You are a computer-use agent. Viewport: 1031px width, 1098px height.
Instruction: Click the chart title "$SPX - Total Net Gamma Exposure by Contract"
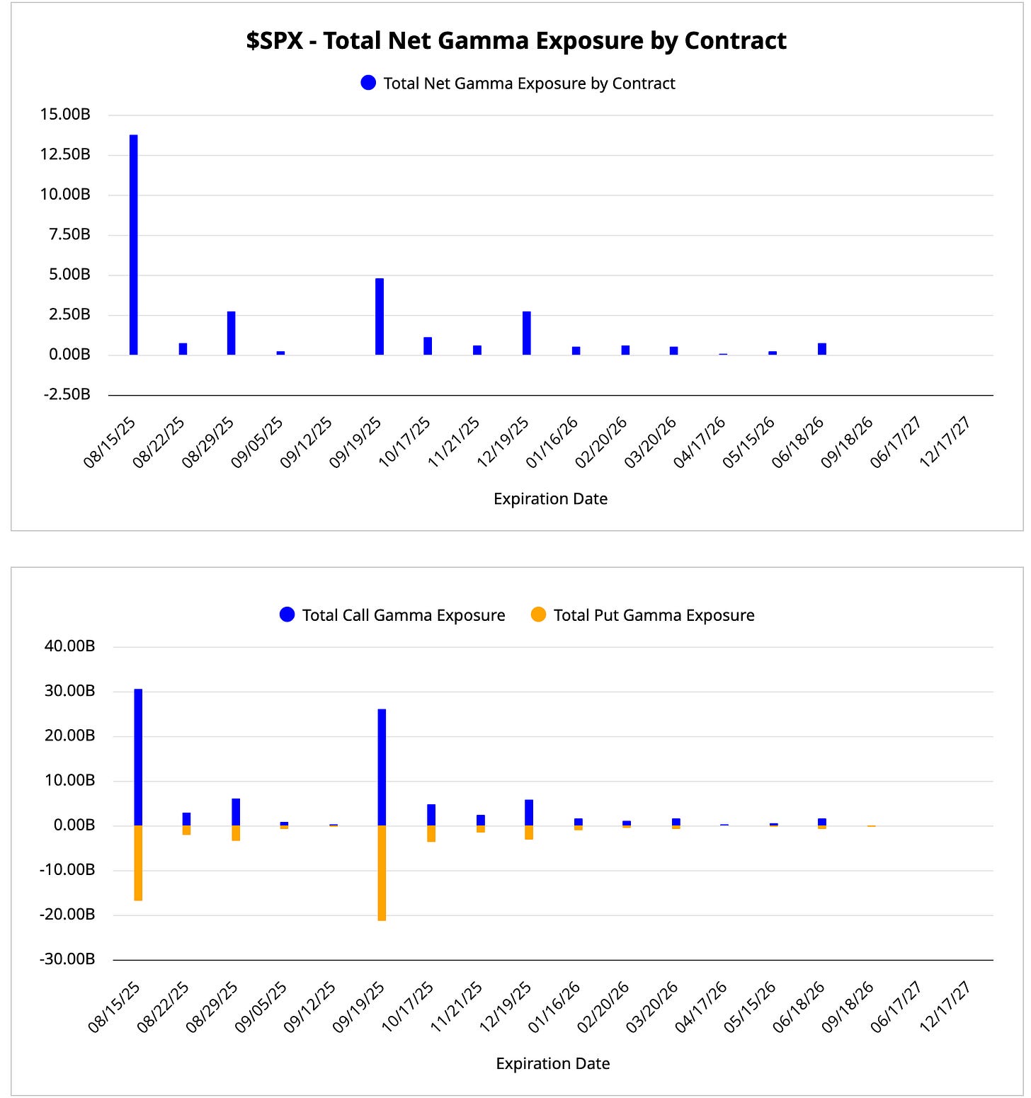(x=516, y=41)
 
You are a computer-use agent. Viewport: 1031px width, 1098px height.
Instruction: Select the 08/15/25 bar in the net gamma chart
(x=133, y=244)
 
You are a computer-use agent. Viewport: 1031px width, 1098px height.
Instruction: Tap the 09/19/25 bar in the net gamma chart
(x=380, y=316)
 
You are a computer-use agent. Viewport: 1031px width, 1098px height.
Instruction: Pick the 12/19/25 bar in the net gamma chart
(x=527, y=333)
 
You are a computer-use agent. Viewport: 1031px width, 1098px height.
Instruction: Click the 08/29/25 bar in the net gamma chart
(x=232, y=333)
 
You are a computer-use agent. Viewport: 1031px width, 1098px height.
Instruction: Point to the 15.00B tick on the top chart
(x=65, y=115)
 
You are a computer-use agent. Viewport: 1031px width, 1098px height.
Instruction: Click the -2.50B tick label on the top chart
(x=67, y=394)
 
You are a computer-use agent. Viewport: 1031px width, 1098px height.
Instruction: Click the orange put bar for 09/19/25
(x=382, y=873)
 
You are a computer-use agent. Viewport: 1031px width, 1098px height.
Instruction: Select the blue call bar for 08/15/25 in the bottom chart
(x=138, y=757)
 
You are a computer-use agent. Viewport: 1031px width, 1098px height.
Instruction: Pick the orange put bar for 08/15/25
(x=138, y=863)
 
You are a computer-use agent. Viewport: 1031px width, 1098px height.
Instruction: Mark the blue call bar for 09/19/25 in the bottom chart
(x=382, y=767)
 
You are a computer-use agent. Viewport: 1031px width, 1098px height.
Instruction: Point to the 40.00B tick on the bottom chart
(x=69, y=646)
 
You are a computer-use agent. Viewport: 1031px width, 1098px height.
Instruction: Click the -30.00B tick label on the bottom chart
(x=68, y=959)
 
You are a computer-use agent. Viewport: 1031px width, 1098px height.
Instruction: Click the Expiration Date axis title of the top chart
(x=550, y=499)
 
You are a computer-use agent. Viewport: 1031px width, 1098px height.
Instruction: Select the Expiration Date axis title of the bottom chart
(x=552, y=1063)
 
